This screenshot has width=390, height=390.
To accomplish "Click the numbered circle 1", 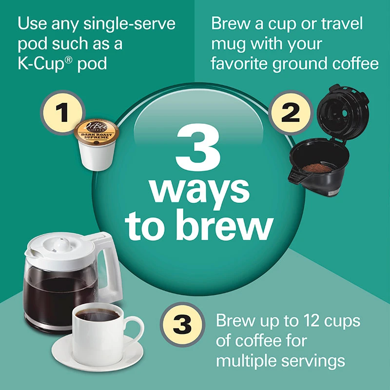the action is coord(63,113).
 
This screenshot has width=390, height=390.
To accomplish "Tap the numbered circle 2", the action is coord(291,113).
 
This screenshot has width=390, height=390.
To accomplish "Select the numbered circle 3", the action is coord(182,325).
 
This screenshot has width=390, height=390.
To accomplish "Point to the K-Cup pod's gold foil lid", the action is coord(97,132).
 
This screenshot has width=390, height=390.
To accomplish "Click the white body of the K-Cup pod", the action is coord(97,156).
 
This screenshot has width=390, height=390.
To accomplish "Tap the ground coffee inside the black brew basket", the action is coord(317,168).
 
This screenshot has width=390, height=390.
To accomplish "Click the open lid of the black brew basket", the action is coord(343,112).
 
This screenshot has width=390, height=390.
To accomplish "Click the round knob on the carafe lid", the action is coord(62,244).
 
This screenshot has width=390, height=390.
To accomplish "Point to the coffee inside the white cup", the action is coord(97,314).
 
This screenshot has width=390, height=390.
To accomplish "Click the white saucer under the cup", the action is coord(97,353).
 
